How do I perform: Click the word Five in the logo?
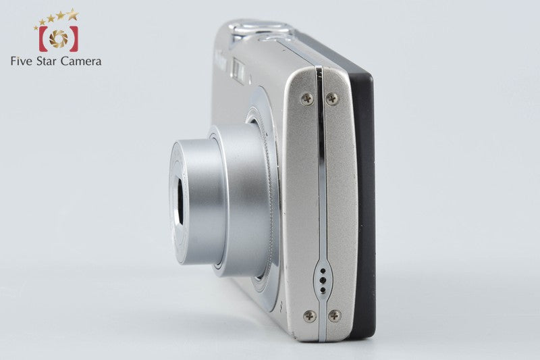tap(21, 61)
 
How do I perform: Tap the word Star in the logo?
tap(46, 61)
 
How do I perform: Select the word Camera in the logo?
tap(81, 61)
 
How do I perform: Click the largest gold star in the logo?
tap(72, 14)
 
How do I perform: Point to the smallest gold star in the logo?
tap(36, 28)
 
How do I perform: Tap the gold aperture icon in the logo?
tap(58, 38)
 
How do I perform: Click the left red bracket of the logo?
tap(43, 38)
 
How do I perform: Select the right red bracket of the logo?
tap(74, 38)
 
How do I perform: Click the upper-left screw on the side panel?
tap(307, 99)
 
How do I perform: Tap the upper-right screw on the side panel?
tap(332, 99)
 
